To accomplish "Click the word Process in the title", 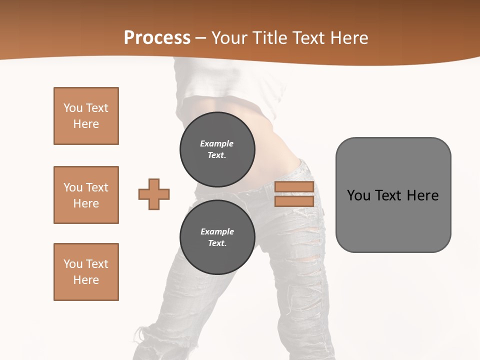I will point(157,38).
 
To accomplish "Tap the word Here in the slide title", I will point(347,38).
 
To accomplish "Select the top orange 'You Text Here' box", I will point(86,116).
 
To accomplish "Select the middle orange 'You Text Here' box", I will point(86,195).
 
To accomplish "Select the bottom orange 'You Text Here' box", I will point(86,272).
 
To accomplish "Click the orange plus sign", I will point(154,194).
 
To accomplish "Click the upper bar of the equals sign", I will point(294,187).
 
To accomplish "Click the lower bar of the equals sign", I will point(294,201).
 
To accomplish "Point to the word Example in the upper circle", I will point(217,143).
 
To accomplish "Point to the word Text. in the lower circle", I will point(217,243).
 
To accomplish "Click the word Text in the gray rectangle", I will point(390,195).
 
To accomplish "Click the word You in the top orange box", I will point(72,108).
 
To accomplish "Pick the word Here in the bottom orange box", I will point(86,280).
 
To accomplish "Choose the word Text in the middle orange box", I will point(97,187).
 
